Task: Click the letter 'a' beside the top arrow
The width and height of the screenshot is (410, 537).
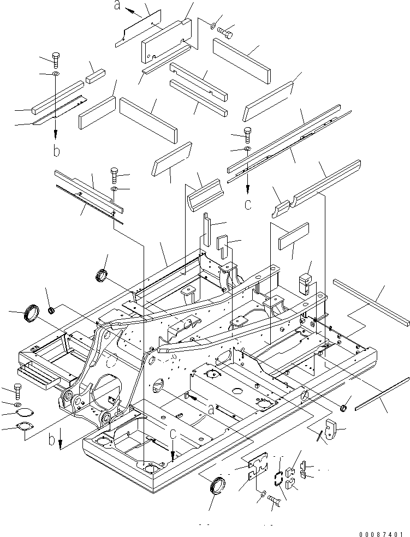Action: (x=117, y=7)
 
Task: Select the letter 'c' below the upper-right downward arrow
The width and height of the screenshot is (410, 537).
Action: (x=248, y=205)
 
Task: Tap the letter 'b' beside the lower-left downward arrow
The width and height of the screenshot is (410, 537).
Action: (x=51, y=440)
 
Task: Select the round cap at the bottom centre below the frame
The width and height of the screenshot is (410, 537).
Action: (x=217, y=485)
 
